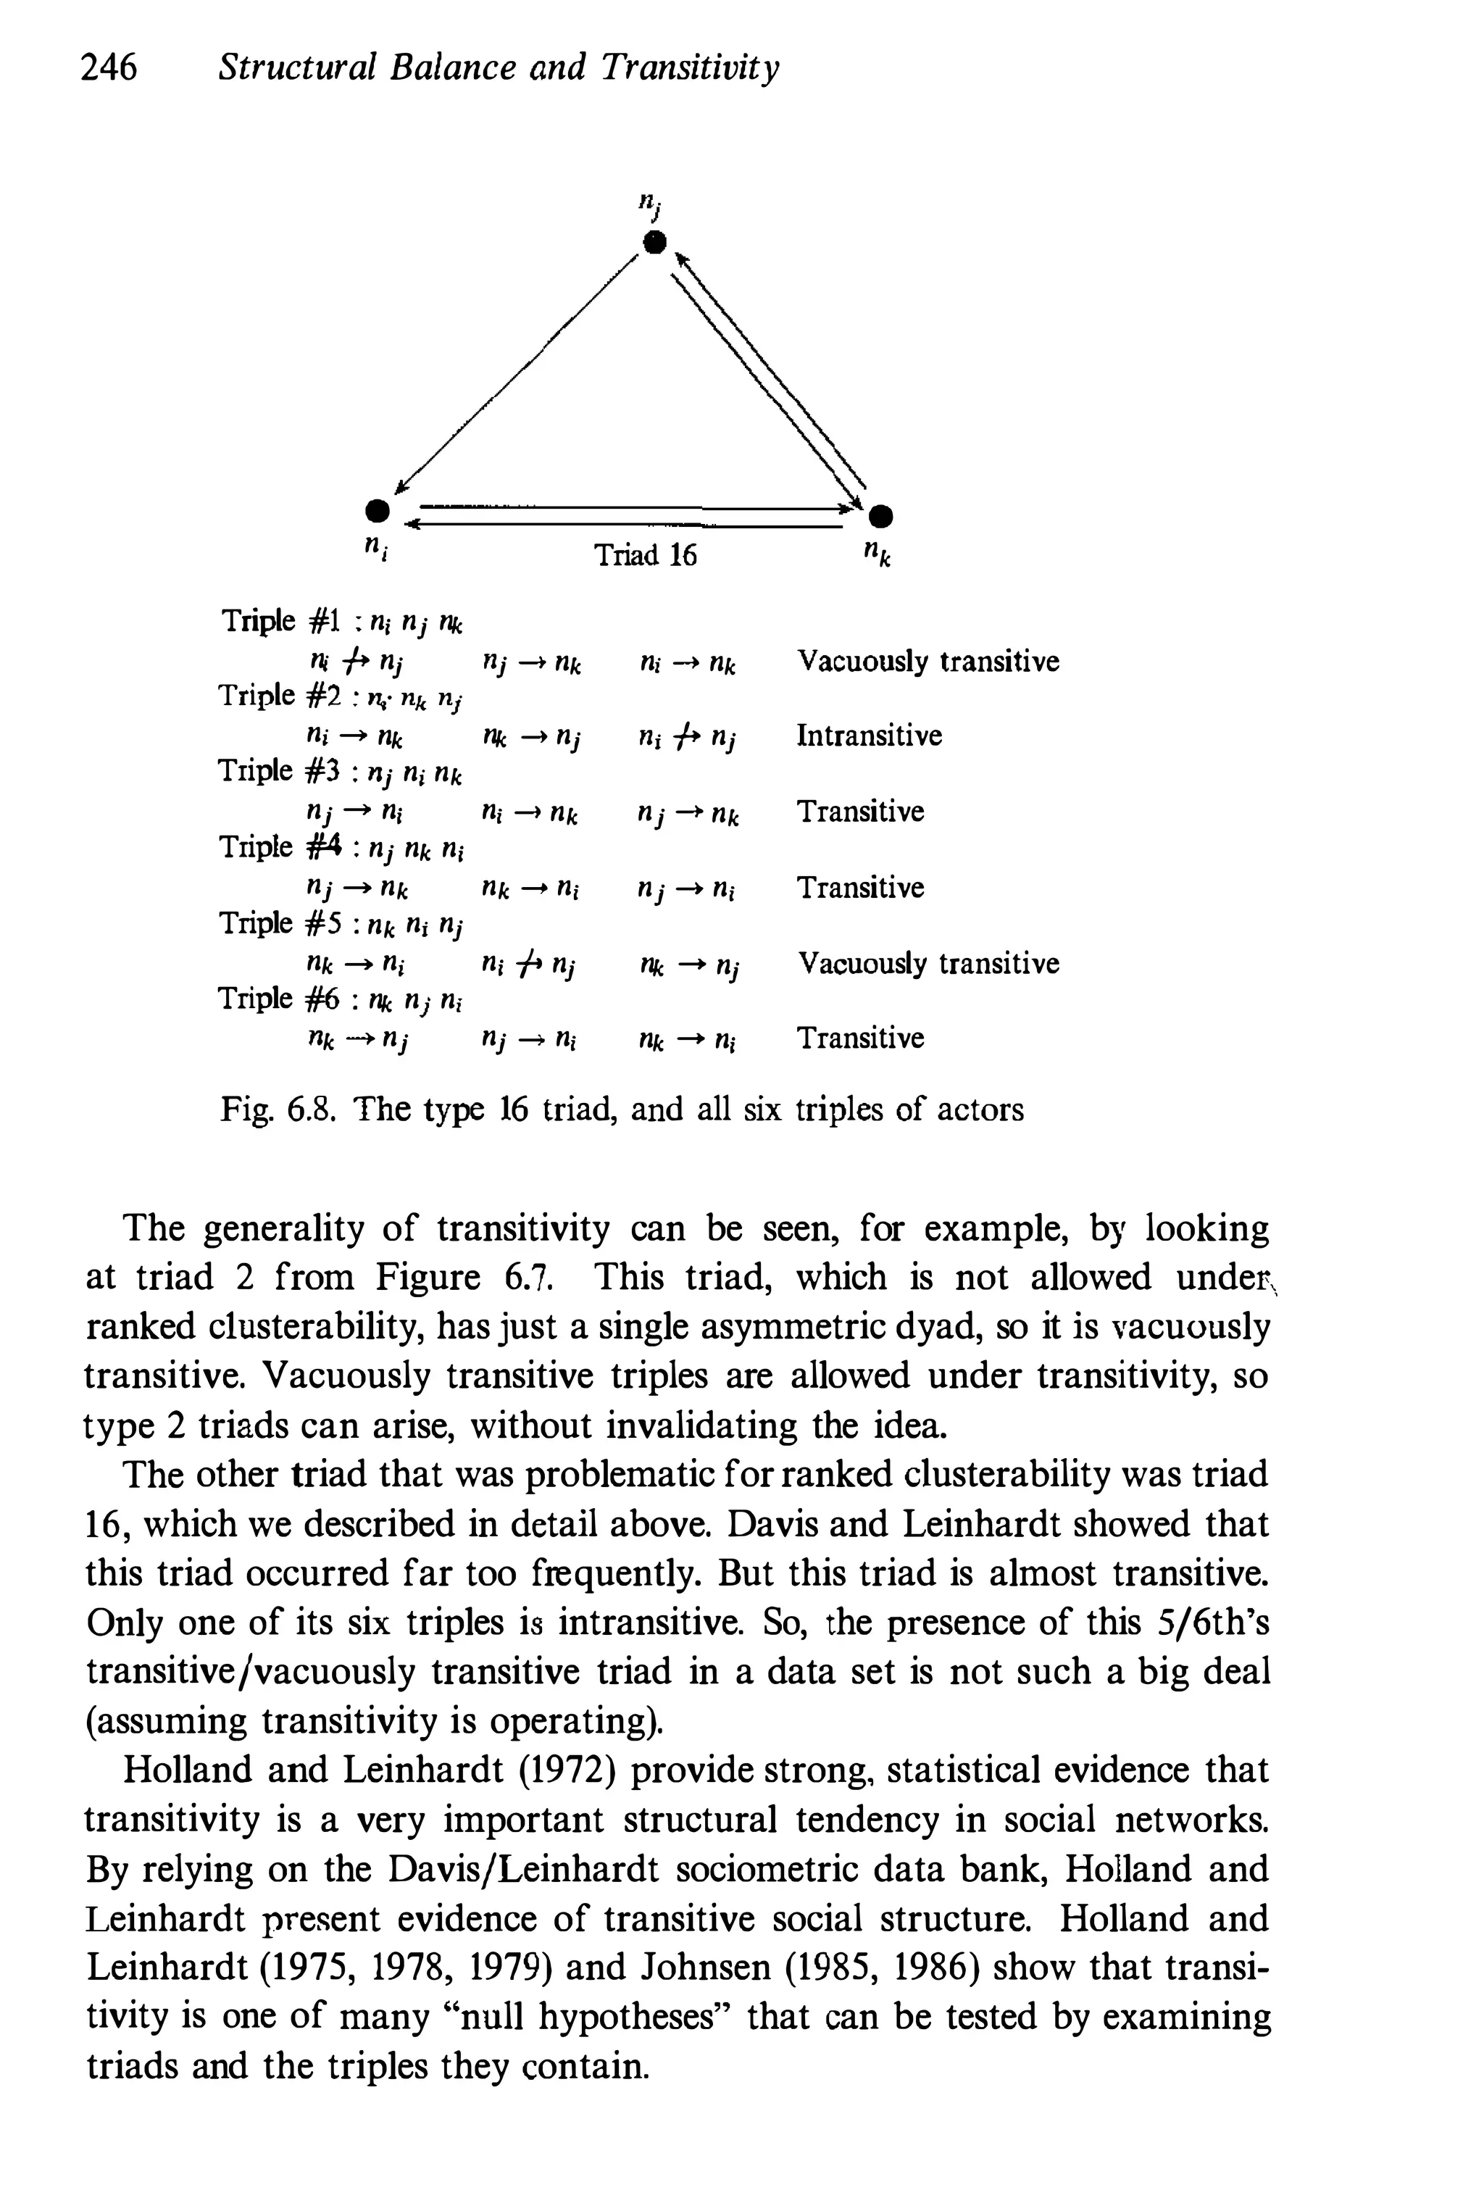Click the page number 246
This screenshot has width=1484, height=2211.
[109, 68]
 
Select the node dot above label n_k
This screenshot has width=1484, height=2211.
[882, 517]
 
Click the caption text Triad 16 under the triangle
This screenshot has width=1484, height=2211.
[644, 554]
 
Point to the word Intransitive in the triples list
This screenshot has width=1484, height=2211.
[869, 736]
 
